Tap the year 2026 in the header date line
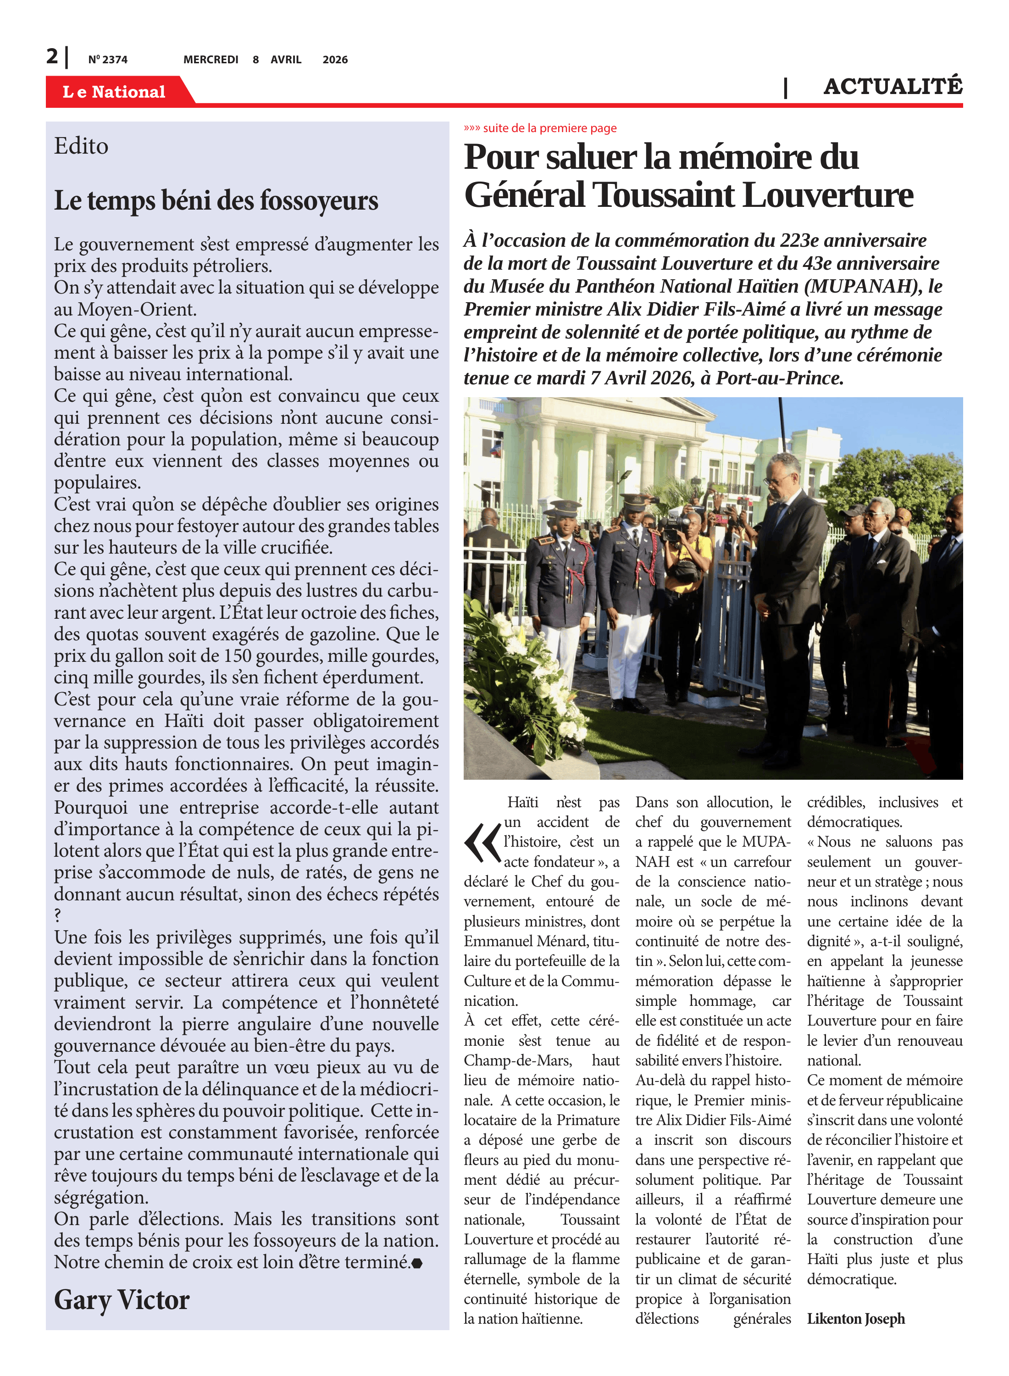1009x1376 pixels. (x=335, y=60)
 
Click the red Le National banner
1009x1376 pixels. (x=114, y=92)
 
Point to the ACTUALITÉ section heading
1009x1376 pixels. (x=893, y=87)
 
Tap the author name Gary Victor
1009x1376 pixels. (x=122, y=1300)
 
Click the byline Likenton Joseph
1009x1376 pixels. (x=856, y=1319)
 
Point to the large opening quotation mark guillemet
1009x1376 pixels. (x=482, y=843)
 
